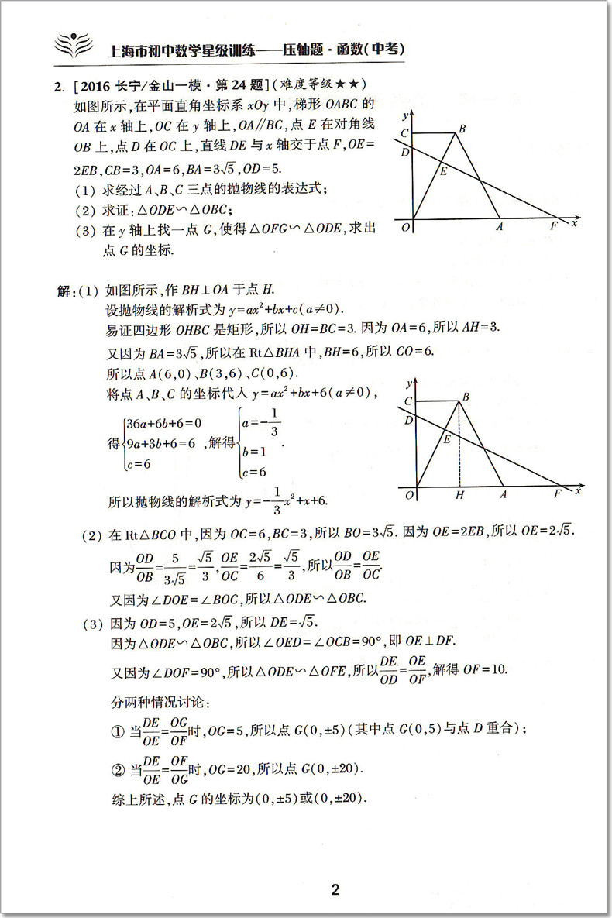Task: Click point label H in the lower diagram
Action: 459,494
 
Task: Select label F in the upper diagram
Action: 553,226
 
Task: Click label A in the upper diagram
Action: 500,226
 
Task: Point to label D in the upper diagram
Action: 404,153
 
